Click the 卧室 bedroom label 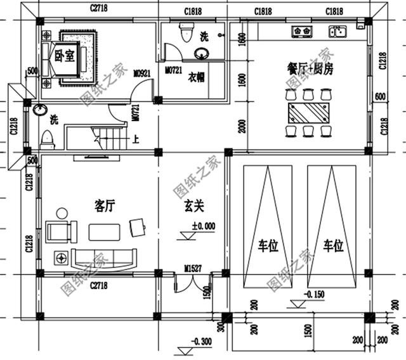(x=65, y=55)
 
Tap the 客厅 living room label (x=104, y=205)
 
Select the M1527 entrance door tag (x=193, y=269)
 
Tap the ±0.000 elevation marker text (x=203, y=225)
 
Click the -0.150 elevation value (x=315, y=294)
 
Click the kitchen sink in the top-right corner (x=336, y=31)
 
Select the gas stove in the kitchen (x=300, y=31)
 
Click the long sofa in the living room (x=104, y=257)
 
